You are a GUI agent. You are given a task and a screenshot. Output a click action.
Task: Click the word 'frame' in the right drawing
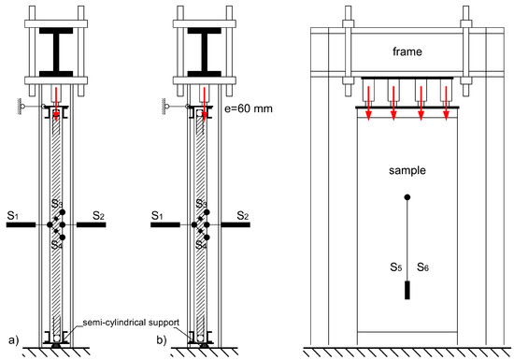(407, 51)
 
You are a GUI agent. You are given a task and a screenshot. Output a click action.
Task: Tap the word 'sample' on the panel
(407, 170)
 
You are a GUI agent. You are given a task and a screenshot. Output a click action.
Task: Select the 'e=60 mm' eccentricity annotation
(249, 108)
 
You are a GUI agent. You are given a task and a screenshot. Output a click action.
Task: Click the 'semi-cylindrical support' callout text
(131, 323)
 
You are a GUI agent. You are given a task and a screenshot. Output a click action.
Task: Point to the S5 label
(395, 267)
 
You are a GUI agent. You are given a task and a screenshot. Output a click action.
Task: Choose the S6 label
(422, 267)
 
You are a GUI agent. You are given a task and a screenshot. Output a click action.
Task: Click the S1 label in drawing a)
(13, 216)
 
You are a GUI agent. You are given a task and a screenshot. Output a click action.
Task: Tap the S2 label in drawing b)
(243, 216)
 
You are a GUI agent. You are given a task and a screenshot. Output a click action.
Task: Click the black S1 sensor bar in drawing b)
(165, 224)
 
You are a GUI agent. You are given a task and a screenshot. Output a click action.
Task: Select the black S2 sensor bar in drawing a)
(92, 224)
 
